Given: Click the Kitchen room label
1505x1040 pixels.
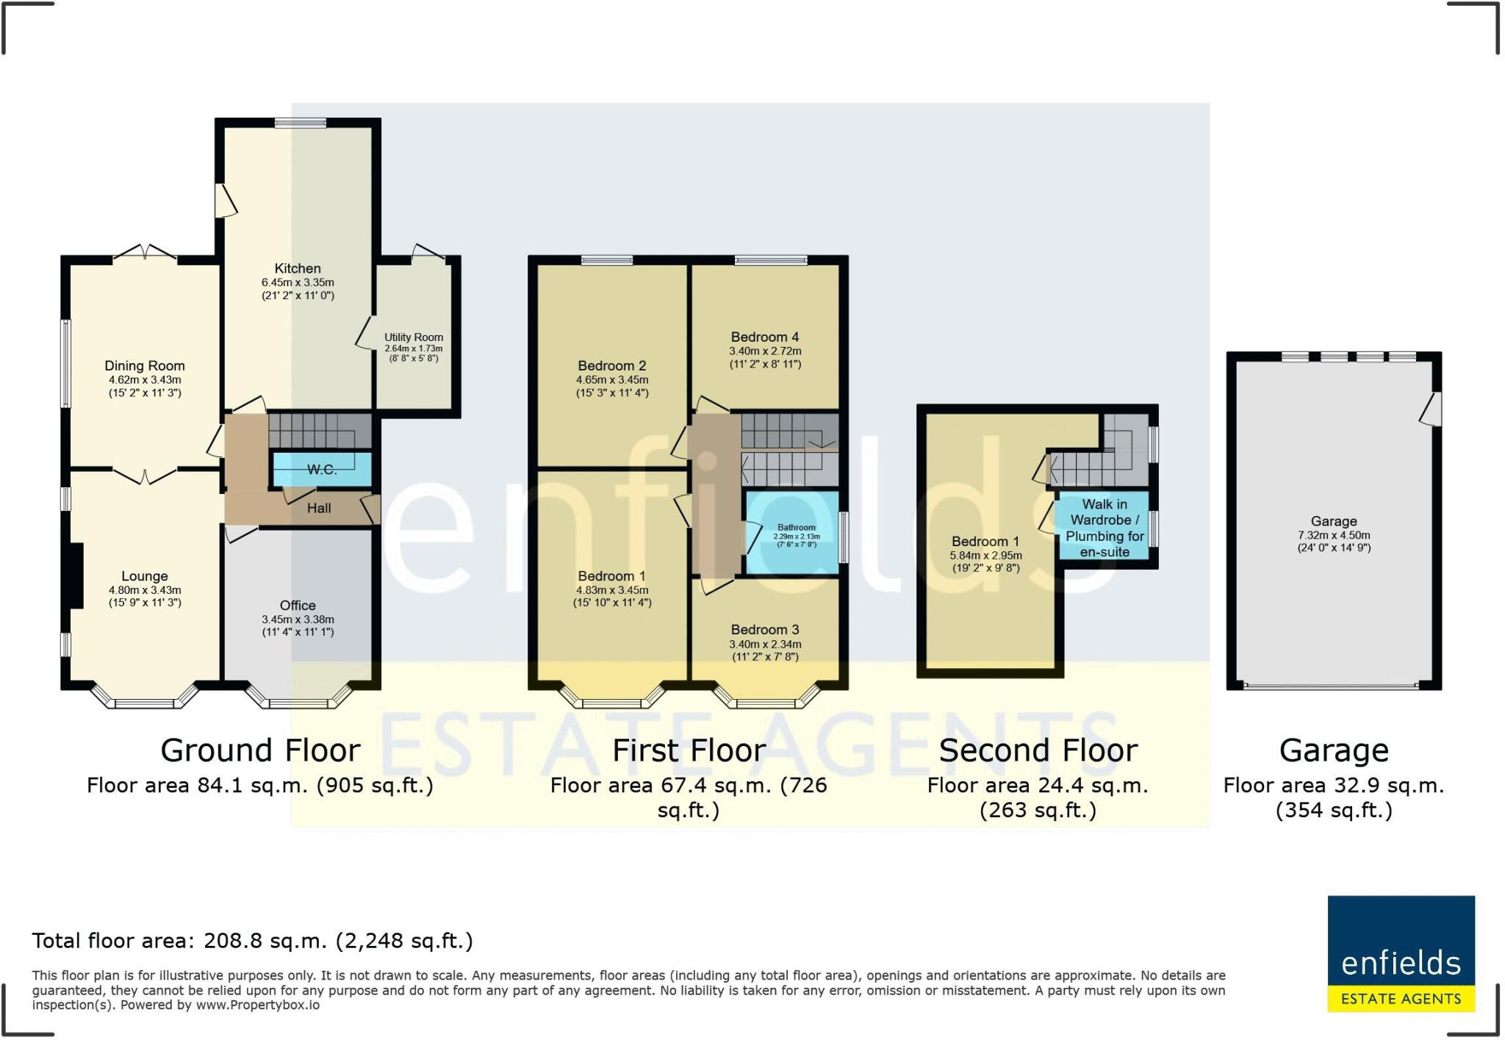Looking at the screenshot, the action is coord(298,268).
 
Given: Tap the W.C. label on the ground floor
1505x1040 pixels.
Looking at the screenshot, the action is coord(322,470).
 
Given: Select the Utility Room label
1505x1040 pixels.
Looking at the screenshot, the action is coord(414,337).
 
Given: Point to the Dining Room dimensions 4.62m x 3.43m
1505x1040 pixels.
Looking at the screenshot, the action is coord(145,380).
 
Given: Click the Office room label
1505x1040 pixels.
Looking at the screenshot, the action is coord(298,606).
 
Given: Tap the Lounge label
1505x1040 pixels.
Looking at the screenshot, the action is coord(145,576).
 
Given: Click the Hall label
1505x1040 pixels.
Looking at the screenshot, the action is coord(319,508).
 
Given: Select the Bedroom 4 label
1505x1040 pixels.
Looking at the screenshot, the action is coord(765,337).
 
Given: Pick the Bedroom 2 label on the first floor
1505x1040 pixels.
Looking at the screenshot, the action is coord(612,366).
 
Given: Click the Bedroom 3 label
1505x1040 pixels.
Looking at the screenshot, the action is coord(765,630).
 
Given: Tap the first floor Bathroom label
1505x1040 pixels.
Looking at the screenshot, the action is coord(797,528).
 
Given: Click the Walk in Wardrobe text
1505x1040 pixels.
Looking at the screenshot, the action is coord(1104,512).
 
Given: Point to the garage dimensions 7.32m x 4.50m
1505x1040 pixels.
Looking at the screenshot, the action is coord(1334,536).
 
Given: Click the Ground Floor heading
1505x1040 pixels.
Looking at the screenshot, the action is coord(260,750).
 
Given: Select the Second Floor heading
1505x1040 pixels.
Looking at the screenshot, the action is coord(1038,750).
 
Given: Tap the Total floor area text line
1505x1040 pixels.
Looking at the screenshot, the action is coord(252,941).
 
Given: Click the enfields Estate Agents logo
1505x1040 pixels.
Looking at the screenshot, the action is coord(1401,953).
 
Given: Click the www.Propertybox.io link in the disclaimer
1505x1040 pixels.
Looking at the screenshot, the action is coord(257,1005).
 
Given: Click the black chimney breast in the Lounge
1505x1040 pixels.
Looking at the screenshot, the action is coord(76,575).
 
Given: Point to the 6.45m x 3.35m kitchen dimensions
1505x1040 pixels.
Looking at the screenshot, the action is coord(298,282).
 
